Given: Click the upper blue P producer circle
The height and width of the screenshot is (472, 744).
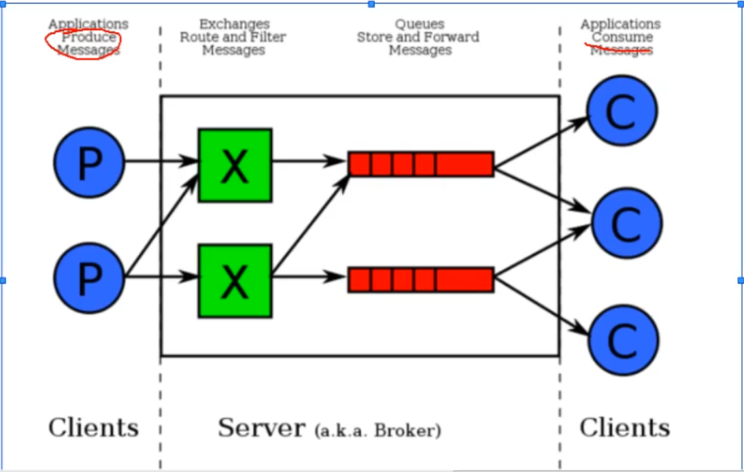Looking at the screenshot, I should click(x=89, y=163).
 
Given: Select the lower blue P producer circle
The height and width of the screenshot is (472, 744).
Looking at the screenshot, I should click(x=89, y=278).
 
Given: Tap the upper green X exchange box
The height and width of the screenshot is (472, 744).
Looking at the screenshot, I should click(x=235, y=165).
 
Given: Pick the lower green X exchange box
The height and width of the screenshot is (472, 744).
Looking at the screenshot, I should click(x=235, y=281).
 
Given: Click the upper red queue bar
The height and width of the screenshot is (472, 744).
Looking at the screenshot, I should click(x=421, y=164).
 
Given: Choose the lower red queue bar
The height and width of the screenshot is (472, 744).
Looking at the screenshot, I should click(x=421, y=280).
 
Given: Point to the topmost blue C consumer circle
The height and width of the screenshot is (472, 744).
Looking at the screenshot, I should click(x=622, y=111).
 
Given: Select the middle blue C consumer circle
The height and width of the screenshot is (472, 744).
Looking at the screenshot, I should click(x=626, y=223).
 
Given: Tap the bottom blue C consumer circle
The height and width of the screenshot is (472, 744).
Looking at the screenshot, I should click(x=623, y=339).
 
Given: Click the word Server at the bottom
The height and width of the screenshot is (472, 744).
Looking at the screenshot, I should click(x=261, y=428).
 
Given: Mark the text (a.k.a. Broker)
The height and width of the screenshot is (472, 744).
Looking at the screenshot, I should click(x=378, y=431).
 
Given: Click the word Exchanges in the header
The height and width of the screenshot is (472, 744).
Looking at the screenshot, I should click(x=234, y=24).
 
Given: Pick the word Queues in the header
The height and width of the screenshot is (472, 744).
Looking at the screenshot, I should click(x=419, y=24).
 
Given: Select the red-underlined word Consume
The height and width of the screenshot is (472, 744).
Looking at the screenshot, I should click(x=622, y=37).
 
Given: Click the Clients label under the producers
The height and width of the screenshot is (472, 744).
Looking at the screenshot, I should click(x=93, y=428).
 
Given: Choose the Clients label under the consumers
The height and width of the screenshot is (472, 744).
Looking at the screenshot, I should click(x=624, y=428).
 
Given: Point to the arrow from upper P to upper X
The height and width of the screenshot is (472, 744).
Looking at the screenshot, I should click(x=160, y=162).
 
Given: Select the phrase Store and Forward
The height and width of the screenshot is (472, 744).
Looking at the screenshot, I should click(x=418, y=37).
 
